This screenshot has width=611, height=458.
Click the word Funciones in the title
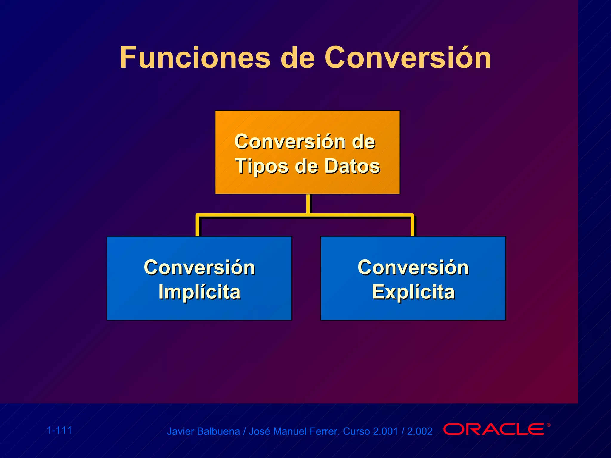[195, 58]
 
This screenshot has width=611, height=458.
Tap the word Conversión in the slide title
[408, 58]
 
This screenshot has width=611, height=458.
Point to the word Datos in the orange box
[352, 166]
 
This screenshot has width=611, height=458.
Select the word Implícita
[199, 292]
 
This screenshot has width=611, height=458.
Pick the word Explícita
[413, 292]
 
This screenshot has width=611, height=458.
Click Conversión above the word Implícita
[199, 267]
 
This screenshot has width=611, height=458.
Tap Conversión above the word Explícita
[413, 267]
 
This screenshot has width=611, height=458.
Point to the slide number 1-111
[59, 430]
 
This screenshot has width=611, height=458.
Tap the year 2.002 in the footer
[419, 431]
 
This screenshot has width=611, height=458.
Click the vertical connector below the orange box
[308, 204]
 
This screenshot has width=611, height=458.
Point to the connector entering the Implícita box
[198, 227]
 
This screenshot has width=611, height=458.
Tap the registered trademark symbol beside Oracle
[548, 425]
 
